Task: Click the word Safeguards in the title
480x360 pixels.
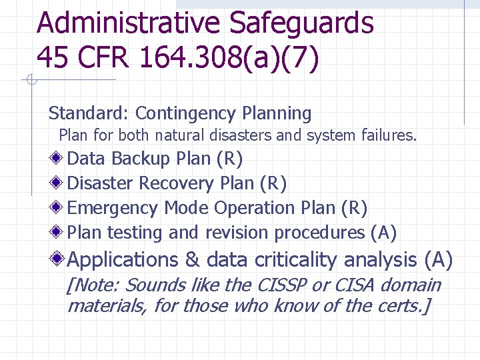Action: [302, 23]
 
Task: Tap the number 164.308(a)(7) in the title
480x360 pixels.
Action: [230, 57]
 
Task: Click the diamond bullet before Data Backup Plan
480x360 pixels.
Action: [58, 159]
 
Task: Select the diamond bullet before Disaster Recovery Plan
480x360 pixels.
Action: [58, 183]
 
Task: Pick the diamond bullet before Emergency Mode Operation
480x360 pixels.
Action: [58, 208]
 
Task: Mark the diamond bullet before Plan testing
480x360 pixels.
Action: [58, 233]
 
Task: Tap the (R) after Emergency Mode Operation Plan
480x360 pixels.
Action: [353, 209]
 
